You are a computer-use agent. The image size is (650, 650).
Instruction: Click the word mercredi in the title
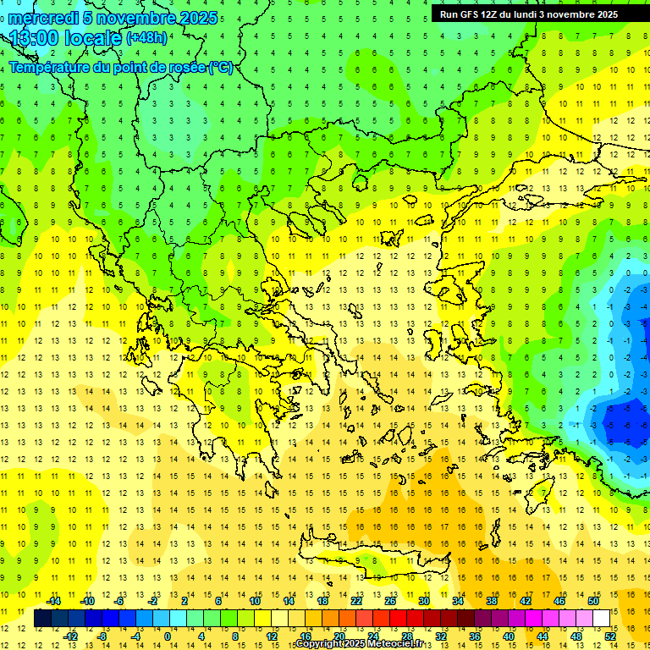(x=40, y=18)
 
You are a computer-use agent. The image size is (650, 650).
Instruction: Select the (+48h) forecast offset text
(x=146, y=38)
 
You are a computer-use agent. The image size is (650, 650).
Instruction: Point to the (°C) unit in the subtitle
(x=221, y=67)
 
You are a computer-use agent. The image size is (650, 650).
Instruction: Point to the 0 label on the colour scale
(x=168, y=636)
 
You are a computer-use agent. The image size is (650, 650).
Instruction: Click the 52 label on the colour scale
(x=610, y=636)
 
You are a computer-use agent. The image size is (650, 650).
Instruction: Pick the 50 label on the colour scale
(x=593, y=601)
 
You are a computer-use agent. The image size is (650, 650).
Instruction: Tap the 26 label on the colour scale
(x=390, y=601)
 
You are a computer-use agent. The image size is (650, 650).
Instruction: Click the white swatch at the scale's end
(x=602, y=619)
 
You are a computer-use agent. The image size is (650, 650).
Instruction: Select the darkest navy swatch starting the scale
(x=42, y=619)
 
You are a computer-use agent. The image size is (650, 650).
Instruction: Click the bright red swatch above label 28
(x=407, y=619)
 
